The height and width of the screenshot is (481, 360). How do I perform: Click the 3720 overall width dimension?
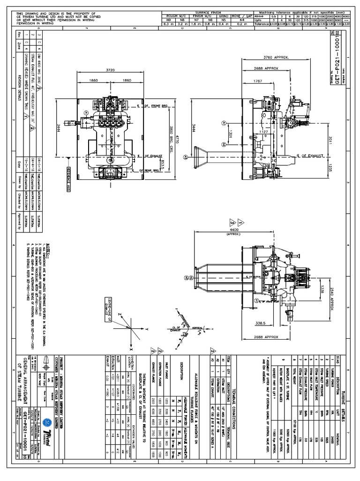(110, 69)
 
